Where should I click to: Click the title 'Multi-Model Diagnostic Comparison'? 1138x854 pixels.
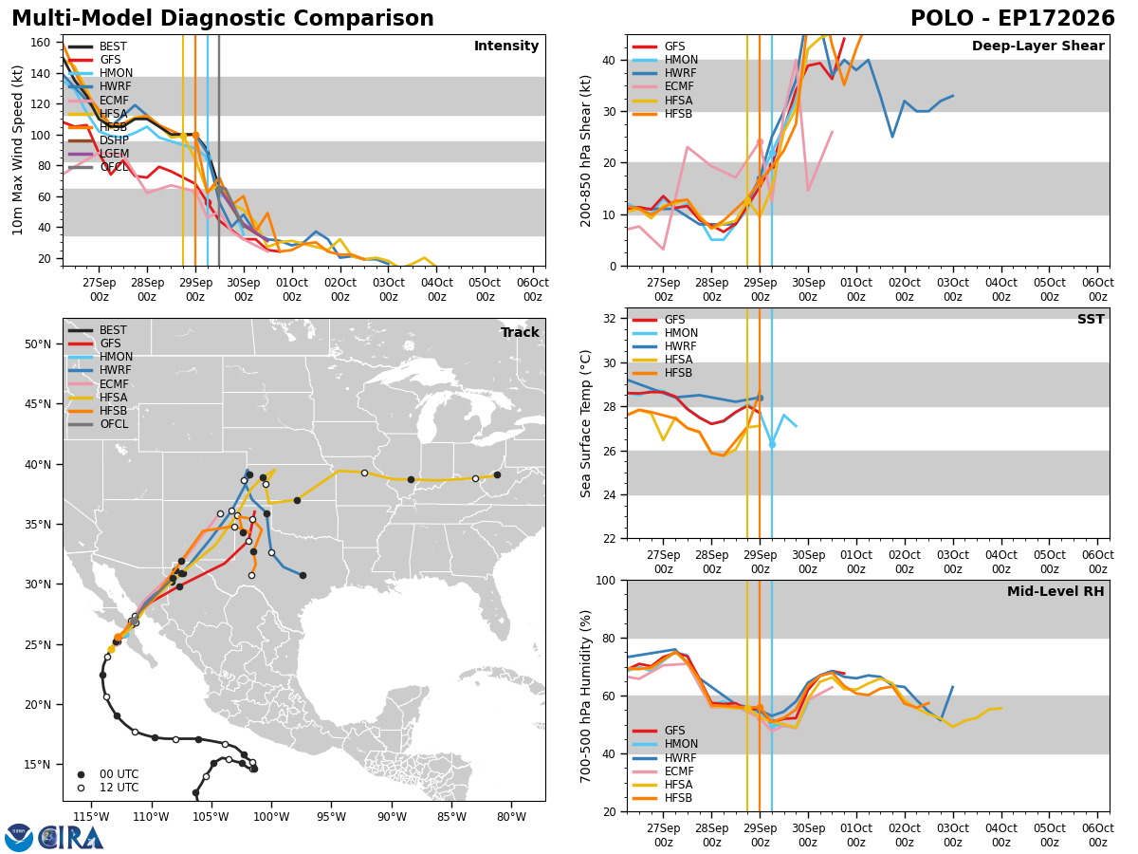click(x=223, y=19)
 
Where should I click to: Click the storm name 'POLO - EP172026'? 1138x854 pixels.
click(x=1013, y=19)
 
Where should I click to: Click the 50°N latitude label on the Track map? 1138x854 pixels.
click(x=38, y=344)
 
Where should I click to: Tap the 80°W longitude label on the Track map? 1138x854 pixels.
click(x=511, y=817)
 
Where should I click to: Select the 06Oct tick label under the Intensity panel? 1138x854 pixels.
click(x=532, y=289)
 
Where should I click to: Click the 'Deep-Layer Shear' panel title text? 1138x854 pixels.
click(x=1037, y=46)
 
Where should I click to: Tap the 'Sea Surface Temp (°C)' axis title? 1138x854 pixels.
click(x=585, y=423)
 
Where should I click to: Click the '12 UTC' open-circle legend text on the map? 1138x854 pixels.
click(x=119, y=788)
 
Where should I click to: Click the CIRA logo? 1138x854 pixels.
click(x=54, y=838)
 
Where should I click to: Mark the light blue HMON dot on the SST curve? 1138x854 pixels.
click(x=772, y=444)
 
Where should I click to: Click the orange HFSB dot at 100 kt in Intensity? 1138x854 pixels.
click(x=195, y=136)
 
